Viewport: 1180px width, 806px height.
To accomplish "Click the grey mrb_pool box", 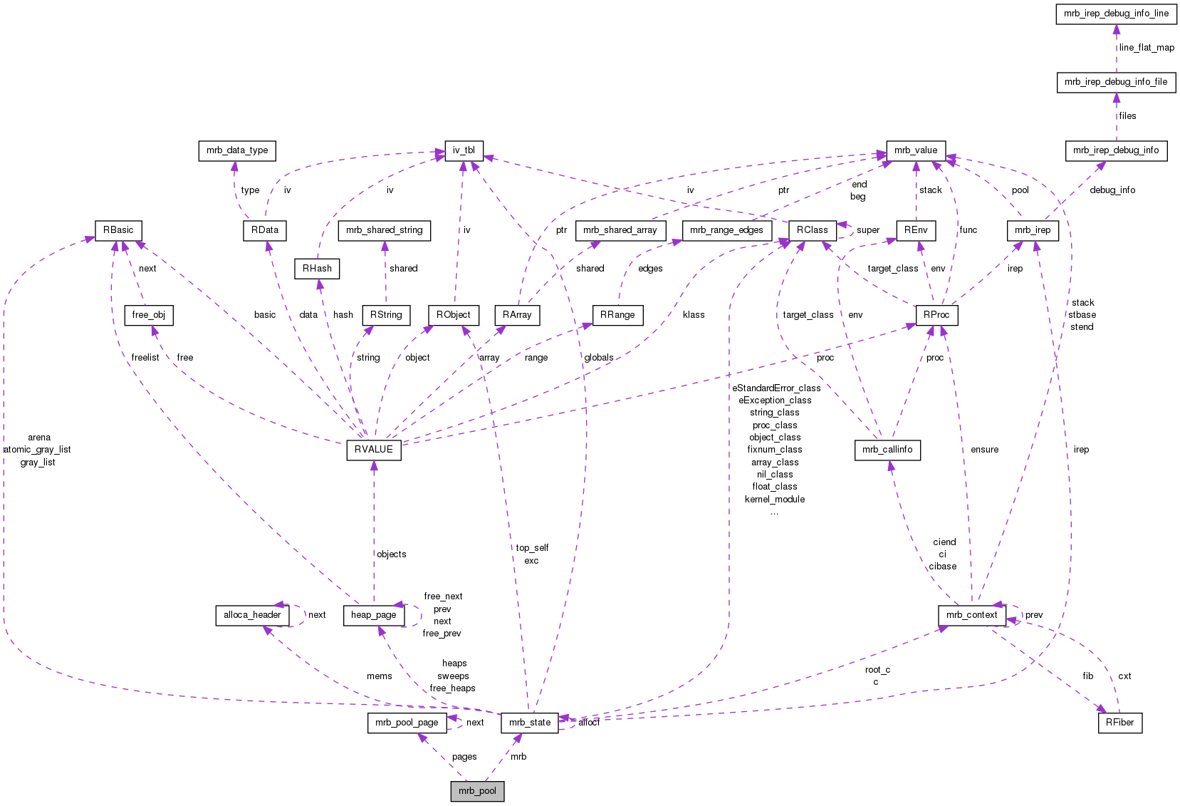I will (x=477, y=791).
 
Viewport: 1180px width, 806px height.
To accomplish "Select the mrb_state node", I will (x=530, y=723).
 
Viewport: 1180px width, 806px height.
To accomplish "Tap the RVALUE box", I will (x=374, y=450).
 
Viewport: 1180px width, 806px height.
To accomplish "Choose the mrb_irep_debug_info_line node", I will (x=1116, y=14).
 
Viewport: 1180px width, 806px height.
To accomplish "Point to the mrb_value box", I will (x=916, y=150).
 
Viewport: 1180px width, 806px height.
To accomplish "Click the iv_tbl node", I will (x=464, y=150).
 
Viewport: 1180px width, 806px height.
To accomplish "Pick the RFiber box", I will (x=1119, y=723).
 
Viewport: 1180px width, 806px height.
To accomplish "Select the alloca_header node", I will (x=252, y=615).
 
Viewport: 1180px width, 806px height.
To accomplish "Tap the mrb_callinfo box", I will (x=887, y=450).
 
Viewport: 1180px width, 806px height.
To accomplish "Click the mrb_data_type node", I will (x=237, y=150).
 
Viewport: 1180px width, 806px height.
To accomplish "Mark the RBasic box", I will (x=118, y=230).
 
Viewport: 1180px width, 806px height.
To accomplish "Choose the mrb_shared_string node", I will (x=384, y=230).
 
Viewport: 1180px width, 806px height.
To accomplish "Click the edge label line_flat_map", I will (x=1147, y=48).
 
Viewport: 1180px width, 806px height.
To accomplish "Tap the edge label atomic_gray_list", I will (x=37, y=450).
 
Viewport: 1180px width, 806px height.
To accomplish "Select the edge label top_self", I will (x=532, y=548).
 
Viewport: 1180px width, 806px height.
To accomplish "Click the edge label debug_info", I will (x=1112, y=190).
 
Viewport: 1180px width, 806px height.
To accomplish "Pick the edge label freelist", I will (x=145, y=358).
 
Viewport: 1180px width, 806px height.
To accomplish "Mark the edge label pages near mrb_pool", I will (x=464, y=757).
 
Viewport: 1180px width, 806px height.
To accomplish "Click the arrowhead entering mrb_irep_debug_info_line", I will (x=1116, y=29).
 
